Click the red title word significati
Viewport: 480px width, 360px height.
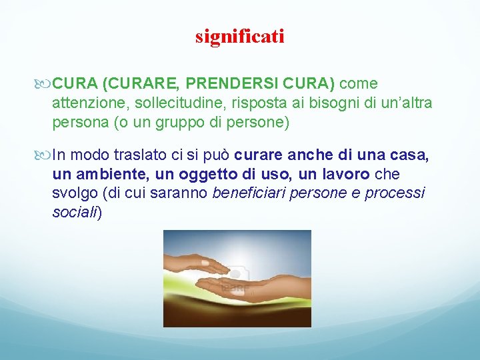(x=239, y=36)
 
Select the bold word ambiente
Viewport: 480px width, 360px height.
(x=111, y=175)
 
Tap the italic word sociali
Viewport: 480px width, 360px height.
(x=74, y=213)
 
